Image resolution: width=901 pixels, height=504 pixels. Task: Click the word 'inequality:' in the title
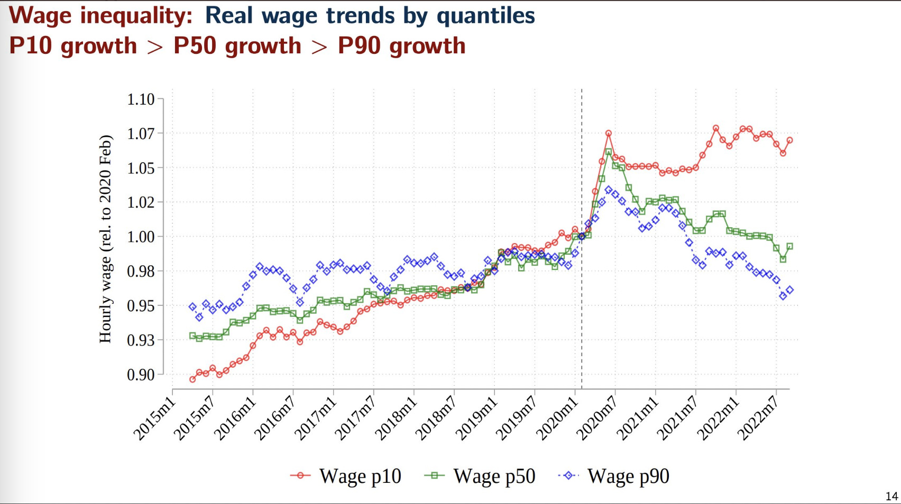point(136,16)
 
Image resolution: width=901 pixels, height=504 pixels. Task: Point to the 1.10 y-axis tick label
point(141,99)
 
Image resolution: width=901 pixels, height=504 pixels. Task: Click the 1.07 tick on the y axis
point(141,134)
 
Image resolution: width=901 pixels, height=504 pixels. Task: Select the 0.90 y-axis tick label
point(141,375)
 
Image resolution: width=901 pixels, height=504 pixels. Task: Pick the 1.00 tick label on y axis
point(141,237)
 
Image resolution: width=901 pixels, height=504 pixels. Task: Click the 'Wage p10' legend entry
point(360,476)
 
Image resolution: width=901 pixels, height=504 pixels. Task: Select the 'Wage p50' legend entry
point(494,476)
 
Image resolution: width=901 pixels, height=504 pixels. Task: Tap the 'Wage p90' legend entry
point(628,476)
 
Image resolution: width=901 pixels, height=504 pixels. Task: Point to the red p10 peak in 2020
point(609,134)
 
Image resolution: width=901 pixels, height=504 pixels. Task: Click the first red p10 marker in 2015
point(192,379)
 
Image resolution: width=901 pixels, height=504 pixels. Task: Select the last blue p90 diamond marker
point(789,290)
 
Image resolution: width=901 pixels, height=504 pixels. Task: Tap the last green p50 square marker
point(789,246)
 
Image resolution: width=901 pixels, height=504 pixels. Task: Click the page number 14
point(891,496)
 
